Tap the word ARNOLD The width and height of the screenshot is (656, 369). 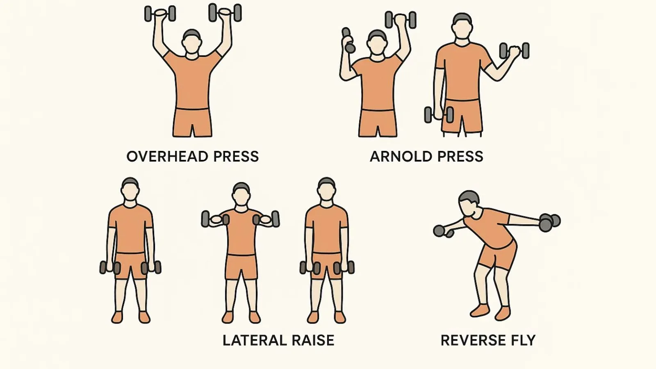[401, 156]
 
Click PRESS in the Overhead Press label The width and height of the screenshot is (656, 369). [236, 156]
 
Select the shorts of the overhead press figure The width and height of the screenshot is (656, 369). [192, 123]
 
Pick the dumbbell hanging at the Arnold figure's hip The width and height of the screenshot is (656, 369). [439, 114]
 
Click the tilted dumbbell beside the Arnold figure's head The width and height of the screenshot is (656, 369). [348, 40]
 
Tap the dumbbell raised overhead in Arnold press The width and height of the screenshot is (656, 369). [400, 20]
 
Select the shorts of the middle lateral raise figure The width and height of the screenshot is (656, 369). [241, 267]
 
